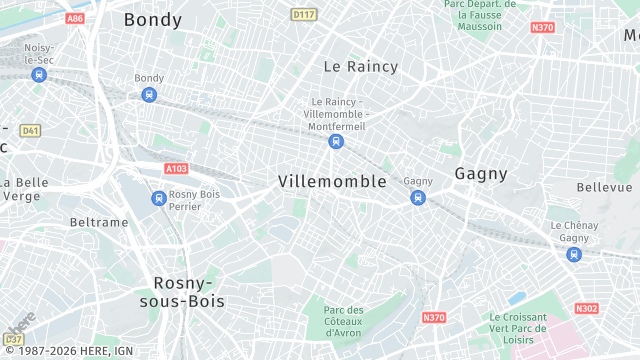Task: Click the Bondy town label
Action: tap(153, 19)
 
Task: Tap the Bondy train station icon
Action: tap(149, 95)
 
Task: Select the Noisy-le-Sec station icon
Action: tap(39, 75)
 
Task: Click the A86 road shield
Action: tap(74, 18)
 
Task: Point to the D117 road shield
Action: tap(303, 14)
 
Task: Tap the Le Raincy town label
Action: tap(360, 67)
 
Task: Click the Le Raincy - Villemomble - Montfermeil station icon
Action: tap(336, 141)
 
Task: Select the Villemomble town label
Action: tap(332, 181)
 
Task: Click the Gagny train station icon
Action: tap(418, 198)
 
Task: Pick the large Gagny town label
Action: tap(481, 173)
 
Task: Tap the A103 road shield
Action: tap(176, 169)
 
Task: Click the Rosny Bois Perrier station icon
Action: tap(158, 198)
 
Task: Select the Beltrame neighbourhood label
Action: tap(99, 222)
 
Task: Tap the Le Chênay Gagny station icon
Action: tap(573, 254)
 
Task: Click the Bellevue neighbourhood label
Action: tap(604, 187)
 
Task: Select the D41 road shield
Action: tap(30, 130)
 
